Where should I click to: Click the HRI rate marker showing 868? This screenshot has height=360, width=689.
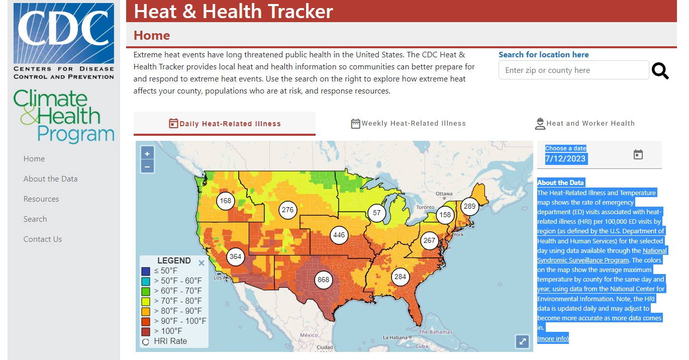[324, 280]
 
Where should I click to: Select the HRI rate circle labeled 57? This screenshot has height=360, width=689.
[377, 213]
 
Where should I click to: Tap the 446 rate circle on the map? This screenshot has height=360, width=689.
[339, 235]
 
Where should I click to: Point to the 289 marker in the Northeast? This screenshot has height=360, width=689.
[469, 206]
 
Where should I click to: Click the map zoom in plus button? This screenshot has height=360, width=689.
[147, 154]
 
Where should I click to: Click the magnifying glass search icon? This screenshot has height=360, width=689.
[660, 71]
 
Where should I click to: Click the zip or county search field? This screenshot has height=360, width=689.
[573, 70]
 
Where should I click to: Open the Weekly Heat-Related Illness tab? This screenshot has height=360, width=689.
[408, 124]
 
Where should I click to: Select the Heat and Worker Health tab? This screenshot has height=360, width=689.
[584, 124]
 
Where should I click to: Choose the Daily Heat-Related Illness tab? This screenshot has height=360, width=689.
[225, 124]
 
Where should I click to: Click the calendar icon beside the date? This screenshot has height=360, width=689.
[638, 154]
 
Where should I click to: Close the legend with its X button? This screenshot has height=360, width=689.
[202, 262]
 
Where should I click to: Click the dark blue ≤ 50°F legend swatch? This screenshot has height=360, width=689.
[146, 271]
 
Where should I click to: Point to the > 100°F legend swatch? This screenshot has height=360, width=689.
[146, 331]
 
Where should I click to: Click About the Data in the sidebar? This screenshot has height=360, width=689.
[50, 179]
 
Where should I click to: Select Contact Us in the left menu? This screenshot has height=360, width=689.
[43, 239]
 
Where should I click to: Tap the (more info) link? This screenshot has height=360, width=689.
[553, 339]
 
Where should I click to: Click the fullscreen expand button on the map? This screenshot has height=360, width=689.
[522, 342]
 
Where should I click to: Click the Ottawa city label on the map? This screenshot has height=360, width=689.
[444, 194]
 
